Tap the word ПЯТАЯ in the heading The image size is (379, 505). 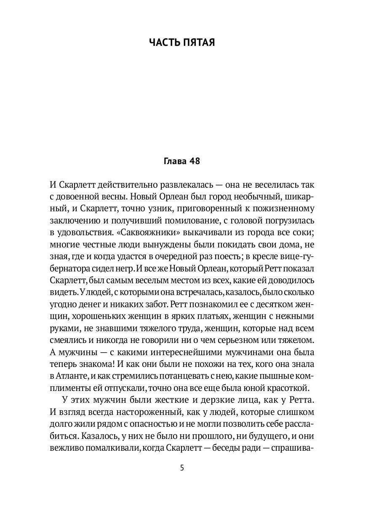coord(200,42)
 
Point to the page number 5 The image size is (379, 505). coord(181,468)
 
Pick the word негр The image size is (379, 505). coord(125,268)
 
